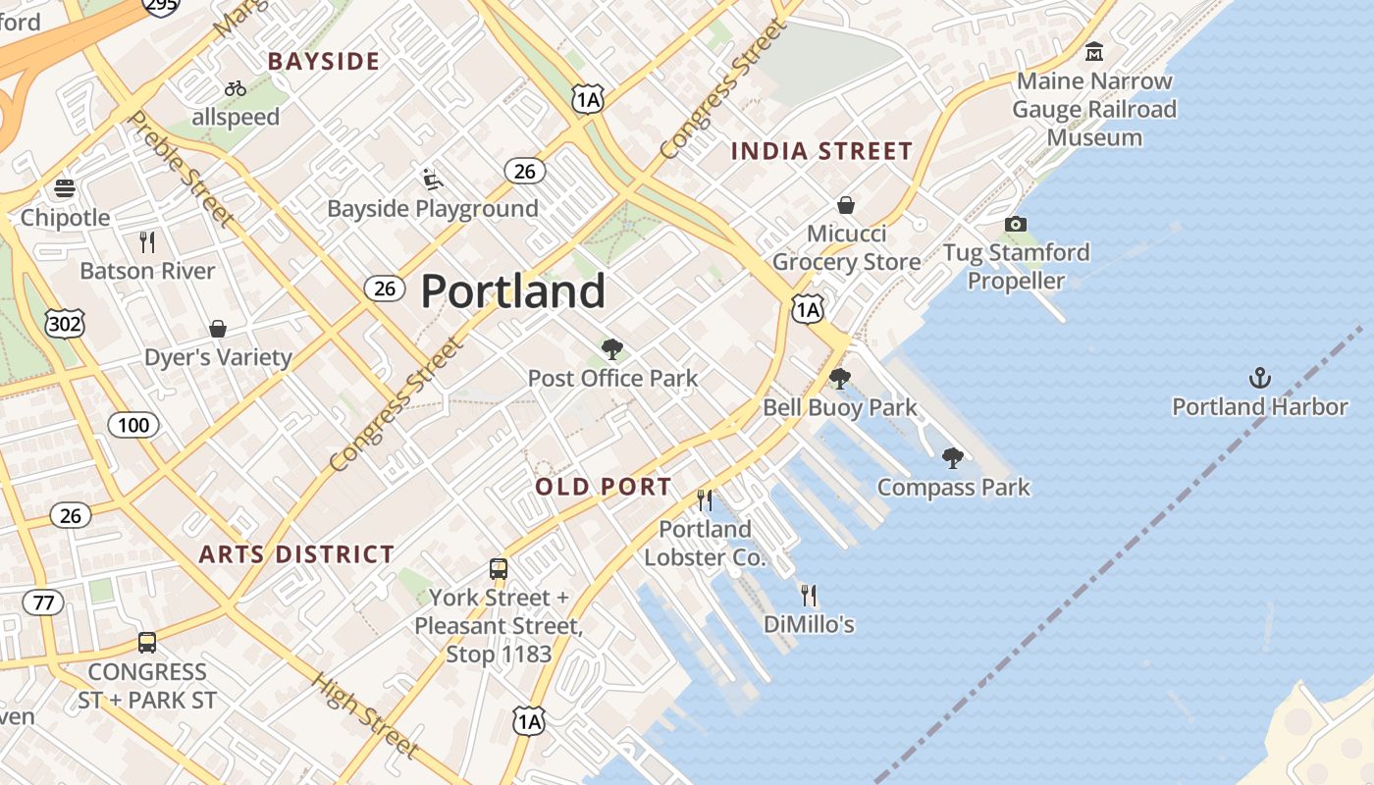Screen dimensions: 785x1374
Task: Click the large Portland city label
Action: coord(513,291)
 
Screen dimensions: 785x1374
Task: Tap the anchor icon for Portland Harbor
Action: coord(1259,378)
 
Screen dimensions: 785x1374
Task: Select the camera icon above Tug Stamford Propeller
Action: coord(1016,225)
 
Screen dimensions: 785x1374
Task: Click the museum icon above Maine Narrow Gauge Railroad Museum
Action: coord(1094,51)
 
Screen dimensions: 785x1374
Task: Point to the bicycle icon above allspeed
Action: coord(236,88)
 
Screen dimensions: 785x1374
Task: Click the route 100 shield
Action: coord(132,425)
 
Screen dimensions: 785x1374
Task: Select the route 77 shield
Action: coord(43,602)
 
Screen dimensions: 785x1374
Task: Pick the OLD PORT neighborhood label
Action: coord(604,487)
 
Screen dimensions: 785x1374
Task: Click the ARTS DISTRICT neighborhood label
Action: coord(296,554)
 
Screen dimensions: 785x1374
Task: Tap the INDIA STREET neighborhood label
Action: coord(822,151)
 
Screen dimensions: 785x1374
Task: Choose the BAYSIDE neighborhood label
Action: coord(324,62)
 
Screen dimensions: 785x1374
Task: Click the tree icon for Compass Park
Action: coord(952,457)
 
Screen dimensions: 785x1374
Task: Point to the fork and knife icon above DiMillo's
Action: coord(809,595)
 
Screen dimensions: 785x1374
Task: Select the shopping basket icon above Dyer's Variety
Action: coord(218,329)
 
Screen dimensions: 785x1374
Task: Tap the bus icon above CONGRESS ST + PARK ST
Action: coord(147,643)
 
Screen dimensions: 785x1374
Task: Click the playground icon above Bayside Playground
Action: coord(432,180)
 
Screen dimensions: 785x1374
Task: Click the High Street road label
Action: coord(366,714)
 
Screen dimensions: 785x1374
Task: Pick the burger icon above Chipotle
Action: coord(65,188)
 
